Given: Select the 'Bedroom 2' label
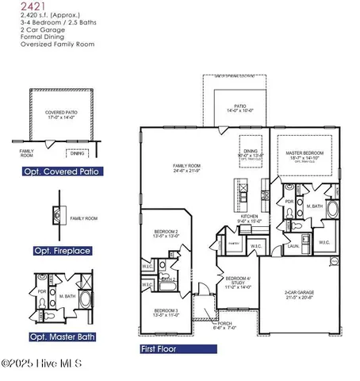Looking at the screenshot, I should [166, 233].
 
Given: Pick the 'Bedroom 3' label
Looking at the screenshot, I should [166, 311].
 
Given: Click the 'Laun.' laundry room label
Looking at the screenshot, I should [293, 246].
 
